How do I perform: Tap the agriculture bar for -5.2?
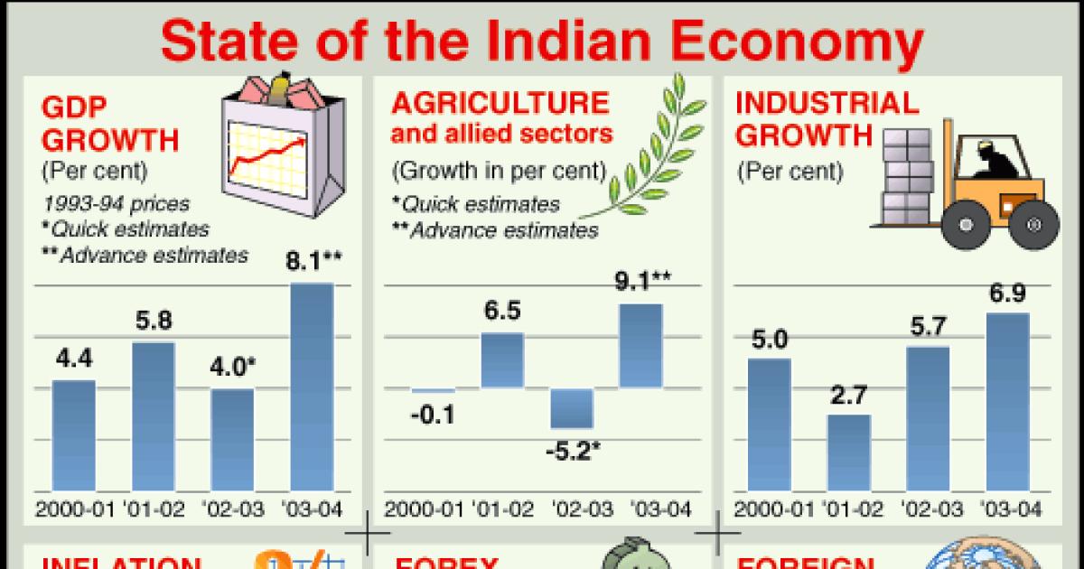[x=573, y=408]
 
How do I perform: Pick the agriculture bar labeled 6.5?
[x=502, y=360]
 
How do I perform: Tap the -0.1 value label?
[x=433, y=415]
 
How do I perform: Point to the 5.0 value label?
[x=769, y=340]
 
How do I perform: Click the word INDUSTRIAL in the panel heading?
[x=827, y=102]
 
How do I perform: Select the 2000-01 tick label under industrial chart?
[x=770, y=509]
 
